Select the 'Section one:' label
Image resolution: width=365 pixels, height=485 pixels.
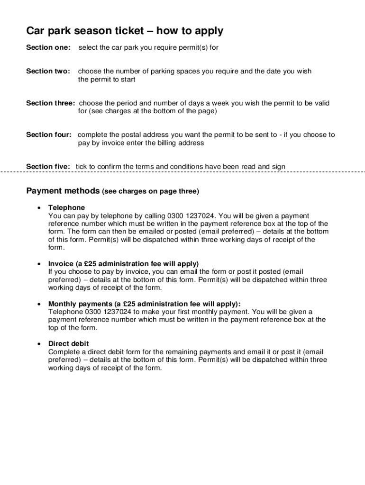pyautogui.click(x=48, y=47)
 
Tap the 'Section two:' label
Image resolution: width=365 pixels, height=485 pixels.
pyautogui.click(x=48, y=71)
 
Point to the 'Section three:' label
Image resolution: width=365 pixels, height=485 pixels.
pyautogui.click(x=50, y=103)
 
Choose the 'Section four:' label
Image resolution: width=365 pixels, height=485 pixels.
pyautogui.click(x=49, y=135)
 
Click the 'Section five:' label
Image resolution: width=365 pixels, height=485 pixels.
pyautogui.click(x=48, y=166)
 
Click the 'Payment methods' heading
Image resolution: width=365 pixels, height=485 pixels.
pyautogui.click(x=63, y=191)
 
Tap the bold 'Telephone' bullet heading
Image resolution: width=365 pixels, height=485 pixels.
pyautogui.click(x=67, y=207)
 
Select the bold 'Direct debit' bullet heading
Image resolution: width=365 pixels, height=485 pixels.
pyautogui.click(x=69, y=343)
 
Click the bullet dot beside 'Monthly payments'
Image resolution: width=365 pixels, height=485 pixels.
pyautogui.click(x=38, y=304)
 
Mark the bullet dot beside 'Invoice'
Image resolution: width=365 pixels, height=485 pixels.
pyautogui.click(x=38, y=263)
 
